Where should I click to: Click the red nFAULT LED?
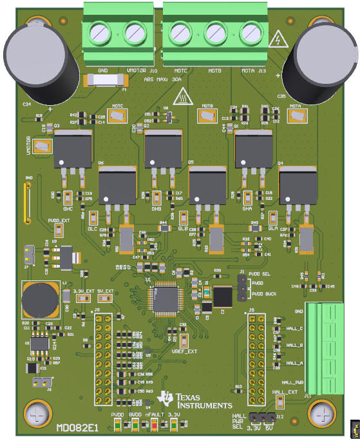click(155, 424)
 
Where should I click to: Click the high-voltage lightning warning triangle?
click(278, 40)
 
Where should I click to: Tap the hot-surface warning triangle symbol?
click(184, 96)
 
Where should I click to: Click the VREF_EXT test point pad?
click(183, 340)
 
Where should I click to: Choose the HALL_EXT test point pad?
click(280, 402)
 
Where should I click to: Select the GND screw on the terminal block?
click(102, 31)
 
